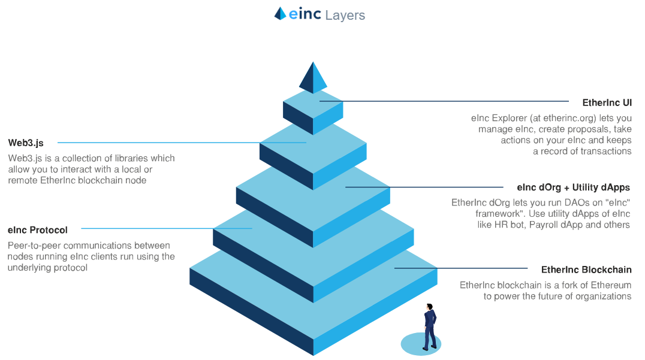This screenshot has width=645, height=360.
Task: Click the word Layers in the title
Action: pos(345,15)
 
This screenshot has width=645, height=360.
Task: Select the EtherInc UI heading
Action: pos(607,103)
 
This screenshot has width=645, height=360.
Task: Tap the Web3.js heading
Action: pos(26,143)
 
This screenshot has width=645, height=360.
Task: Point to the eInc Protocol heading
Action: pos(38,229)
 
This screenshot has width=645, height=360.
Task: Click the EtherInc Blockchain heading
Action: pos(586,270)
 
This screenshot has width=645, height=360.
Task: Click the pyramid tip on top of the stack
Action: pos(313,78)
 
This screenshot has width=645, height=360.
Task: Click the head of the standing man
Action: pos(429,307)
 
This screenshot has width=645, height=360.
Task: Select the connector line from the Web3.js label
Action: pos(180,143)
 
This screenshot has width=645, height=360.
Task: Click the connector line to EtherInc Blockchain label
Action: pos(461,268)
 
